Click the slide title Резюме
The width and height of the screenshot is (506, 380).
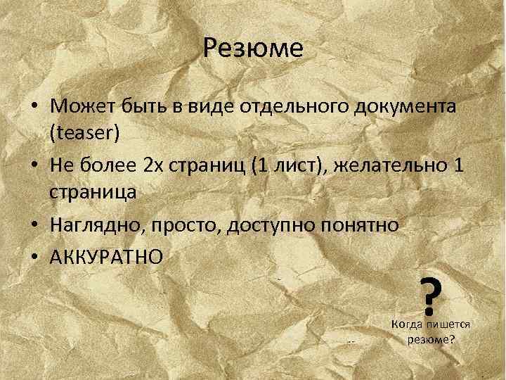pos(253,49)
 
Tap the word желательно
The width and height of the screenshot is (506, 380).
pos(407,166)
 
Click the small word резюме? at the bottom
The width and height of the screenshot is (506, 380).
pos(430,338)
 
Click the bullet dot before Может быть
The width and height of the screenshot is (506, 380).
pos(34,107)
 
